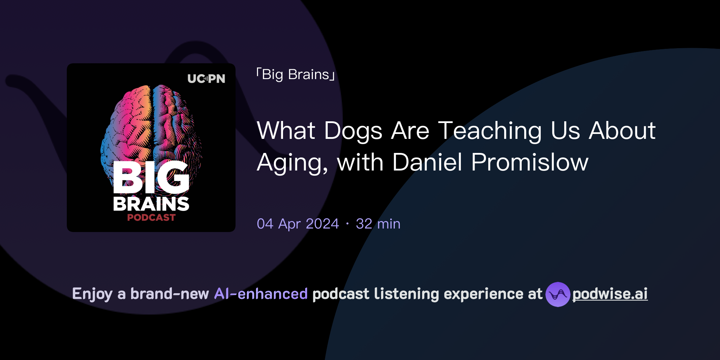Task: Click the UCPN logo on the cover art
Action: (206, 78)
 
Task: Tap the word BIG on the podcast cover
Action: (151, 178)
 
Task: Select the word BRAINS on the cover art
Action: (151, 204)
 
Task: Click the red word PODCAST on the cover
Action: (151, 218)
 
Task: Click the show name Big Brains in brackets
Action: (296, 75)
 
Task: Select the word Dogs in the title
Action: (353, 131)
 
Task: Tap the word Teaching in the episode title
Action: (490, 131)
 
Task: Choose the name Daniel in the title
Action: (427, 162)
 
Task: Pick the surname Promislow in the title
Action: (529, 162)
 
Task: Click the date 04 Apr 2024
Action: (298, 224)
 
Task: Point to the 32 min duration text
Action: (378, 224)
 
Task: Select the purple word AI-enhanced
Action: (261, 294)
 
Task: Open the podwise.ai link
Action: (610, 294)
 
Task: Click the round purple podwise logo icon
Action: (558, 294)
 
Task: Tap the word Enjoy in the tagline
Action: (92, 294)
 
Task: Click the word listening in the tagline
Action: (406, 294)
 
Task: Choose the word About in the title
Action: (622, 131)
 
